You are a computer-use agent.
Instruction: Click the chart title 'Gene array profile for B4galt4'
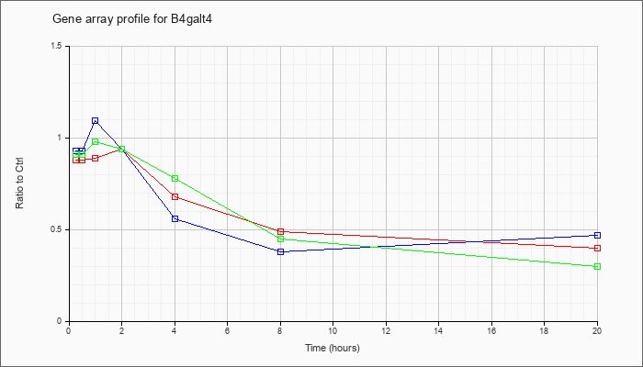pos(132,19)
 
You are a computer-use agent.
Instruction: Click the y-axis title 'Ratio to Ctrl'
pos(19,183)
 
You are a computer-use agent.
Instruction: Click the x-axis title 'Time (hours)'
pos(333,348)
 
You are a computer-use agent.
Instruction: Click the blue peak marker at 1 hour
pos(96,121)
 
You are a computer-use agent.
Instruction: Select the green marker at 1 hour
pos(96,141)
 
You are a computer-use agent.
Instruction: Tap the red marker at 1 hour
pos(96,158)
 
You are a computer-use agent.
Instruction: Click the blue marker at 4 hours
pos(175,218)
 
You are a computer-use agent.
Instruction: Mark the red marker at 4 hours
pos(175,196)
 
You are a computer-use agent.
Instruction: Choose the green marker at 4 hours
pos(175,178)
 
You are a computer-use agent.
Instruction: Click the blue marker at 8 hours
pos(280,251)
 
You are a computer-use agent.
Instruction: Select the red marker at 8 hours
pos(280,231)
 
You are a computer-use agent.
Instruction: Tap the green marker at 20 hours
pos(597,266)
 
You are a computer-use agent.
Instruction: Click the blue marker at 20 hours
pos(597,235)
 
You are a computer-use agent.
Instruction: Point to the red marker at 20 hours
pos(597,248)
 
